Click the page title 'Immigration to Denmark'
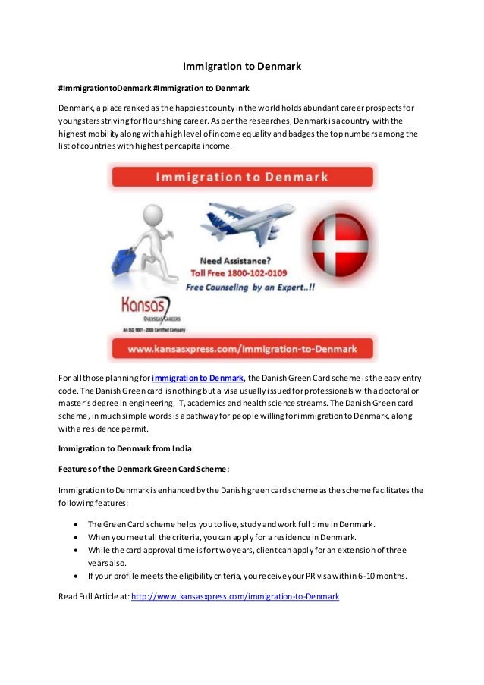tap(242, 67)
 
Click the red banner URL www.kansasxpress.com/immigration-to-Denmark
tap(242, 349)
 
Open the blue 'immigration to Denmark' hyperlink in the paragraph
tap(197, 379)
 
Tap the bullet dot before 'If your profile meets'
tap(76, 576)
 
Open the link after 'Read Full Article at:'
tap(235, 597)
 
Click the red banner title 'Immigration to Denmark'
tap(242, 178)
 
